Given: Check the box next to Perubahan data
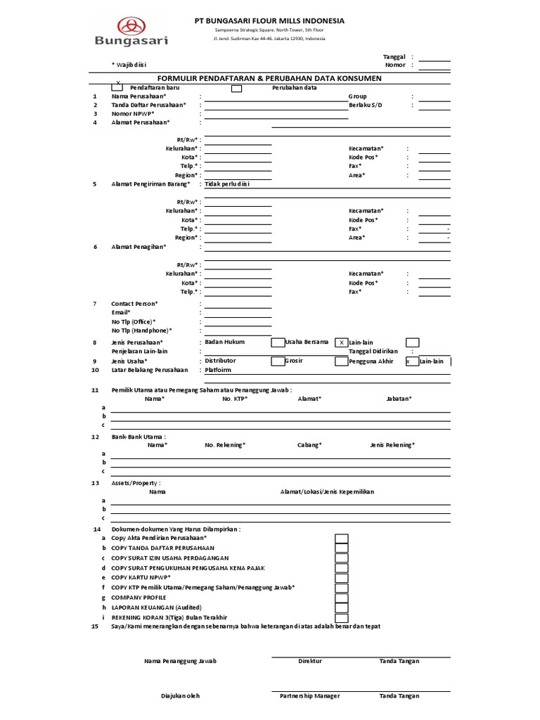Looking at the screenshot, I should click(x=237, y=88).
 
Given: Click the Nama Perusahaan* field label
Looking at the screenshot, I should click(x=139, y=96).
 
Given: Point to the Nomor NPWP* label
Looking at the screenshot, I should click(x=133, y=113).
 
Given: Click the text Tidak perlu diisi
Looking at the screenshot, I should click(x=228, y=184).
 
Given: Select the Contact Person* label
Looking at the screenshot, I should click(x=135, y=304).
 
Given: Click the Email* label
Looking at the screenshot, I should click(x=122, y=312).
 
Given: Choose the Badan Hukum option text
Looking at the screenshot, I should click(x=225, y=342).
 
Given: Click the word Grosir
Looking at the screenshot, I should click(x=295, y=360).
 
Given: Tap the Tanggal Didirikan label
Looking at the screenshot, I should click(x=373, y=351).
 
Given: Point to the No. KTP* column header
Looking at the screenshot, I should click(x=236, y=399).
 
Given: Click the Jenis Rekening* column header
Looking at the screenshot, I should click(x=392, y=444).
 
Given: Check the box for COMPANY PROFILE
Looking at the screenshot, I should click(x=341, y=598).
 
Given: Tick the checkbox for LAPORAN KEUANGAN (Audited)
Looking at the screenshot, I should click(x=341, y=607).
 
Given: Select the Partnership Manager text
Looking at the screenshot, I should click(x=309, y=696).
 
